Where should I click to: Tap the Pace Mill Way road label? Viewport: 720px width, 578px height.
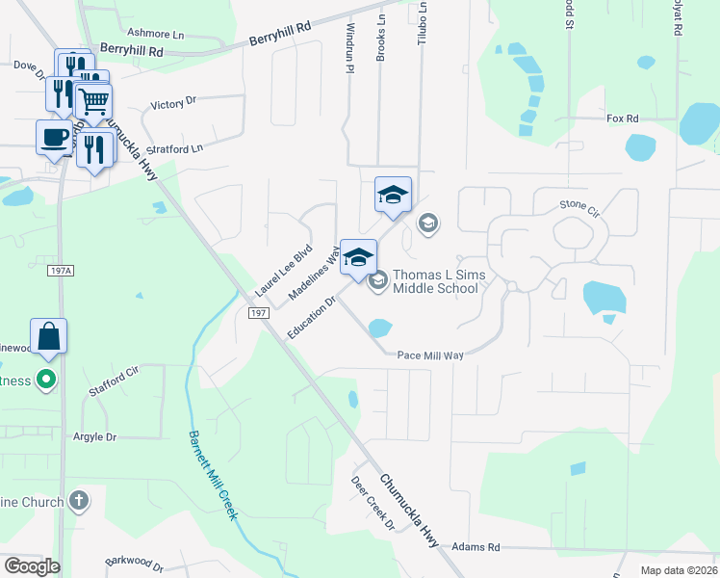point(430,355)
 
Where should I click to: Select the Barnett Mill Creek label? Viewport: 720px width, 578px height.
point(214,476)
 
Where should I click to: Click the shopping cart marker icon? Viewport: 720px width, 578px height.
point(93,99)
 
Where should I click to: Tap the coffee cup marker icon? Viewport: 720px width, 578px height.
point(54,136)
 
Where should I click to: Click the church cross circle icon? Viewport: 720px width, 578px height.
point(79,501)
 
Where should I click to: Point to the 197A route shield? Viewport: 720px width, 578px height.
point(60,272)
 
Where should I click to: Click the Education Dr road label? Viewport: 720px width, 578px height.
point(311,318)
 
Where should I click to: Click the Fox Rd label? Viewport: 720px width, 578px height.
point(623,118)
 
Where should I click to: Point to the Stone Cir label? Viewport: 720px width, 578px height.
point(579,205)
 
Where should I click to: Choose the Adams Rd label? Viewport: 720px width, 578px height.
point(480,547)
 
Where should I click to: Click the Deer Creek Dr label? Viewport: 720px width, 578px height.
point(373,504)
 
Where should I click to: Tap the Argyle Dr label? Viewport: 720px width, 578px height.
point(94,436)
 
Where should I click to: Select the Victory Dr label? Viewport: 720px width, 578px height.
point(173,101)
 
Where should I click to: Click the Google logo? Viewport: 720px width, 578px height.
point(32,566)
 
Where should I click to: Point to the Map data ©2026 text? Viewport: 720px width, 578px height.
point(679,569)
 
